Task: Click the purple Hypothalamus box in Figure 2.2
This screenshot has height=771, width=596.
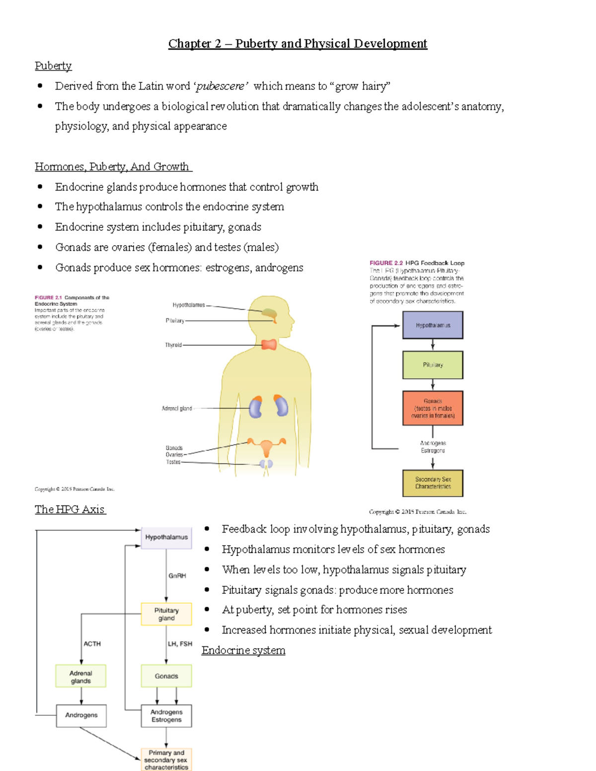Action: [433, 325]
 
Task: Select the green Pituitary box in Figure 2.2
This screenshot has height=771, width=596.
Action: [433, 365]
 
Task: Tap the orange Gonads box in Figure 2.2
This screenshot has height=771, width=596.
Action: [433, 408]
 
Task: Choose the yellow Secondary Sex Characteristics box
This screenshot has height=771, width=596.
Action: [433, 483]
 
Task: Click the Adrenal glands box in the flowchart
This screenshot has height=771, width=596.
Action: [80, 676]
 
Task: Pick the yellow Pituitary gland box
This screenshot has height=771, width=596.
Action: [166, 614]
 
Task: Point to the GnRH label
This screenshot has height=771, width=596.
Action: [177, 576]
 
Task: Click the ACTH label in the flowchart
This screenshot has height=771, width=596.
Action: [92, 644]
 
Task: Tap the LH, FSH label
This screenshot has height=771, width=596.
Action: [179, 644]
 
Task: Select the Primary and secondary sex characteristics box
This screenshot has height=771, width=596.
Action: [166, 760]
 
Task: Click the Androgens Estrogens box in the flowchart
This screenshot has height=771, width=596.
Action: [166, 716]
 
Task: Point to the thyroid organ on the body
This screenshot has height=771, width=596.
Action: [269, 344]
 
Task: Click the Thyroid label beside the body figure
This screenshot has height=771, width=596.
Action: [173, 345]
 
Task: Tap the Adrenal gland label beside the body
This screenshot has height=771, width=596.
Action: [176, 409]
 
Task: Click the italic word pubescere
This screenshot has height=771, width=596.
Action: [221, 86]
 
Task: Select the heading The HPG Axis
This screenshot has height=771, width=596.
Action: [70, 509]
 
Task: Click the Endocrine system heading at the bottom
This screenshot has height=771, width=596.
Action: [243, 650]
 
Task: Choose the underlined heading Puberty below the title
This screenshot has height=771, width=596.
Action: [53, 66]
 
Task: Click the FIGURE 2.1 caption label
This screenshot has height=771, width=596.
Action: [48, 298]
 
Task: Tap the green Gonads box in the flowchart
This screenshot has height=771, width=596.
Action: [166, 676]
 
